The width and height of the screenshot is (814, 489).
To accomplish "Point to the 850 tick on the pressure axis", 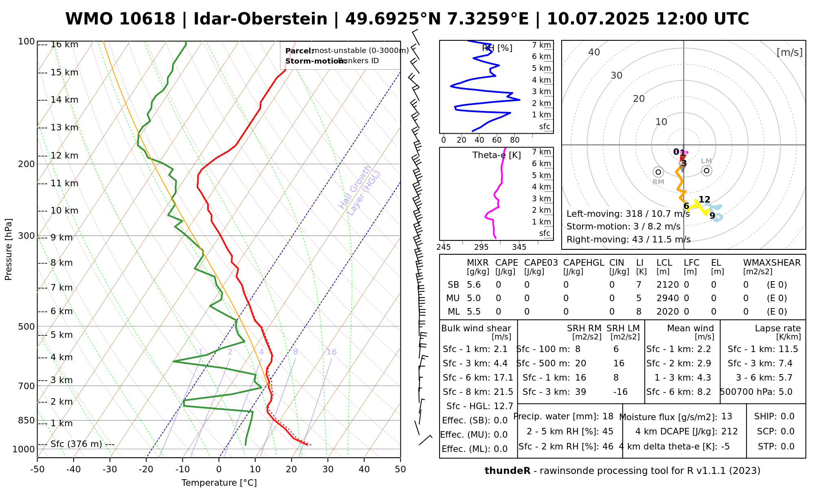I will [26, 420].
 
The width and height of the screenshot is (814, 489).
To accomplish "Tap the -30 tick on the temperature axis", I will [110, 469].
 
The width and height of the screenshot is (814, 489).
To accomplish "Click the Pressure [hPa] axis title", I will [9, 249].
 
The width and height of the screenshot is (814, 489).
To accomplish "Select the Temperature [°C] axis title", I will [219, 483].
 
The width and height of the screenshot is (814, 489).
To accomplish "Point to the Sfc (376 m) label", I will [76, 444].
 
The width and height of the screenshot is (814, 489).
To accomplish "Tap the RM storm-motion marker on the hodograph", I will [658, 172].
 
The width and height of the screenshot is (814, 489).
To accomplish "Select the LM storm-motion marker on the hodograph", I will [707, 171].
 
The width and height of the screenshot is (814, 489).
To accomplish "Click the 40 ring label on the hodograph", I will [594, 52].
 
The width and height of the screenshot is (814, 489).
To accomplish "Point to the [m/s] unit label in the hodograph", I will [790, 52].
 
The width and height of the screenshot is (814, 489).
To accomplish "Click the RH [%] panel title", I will [497, 48].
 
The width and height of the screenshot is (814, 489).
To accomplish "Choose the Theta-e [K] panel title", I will [497, 155].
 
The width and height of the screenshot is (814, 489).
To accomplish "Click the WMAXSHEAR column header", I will [772, 263].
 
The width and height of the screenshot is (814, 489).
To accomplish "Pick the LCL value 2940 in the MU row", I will [667, 298].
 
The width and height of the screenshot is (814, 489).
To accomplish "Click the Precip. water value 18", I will [608, 416].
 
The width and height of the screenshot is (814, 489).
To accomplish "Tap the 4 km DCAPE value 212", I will [729, 432].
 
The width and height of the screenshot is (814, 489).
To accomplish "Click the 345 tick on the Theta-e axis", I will [519, 247].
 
